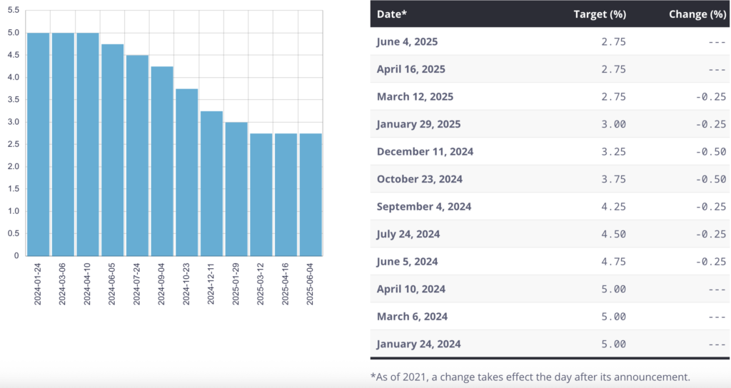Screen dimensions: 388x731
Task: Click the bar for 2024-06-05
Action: [113, 150]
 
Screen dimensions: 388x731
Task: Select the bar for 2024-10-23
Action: [187, 172]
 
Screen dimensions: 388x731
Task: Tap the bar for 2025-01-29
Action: [236, 189]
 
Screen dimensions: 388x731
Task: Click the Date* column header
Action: [392, 14]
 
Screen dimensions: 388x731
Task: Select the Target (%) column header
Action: [600, 14]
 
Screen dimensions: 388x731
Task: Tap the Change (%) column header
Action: [697, 14]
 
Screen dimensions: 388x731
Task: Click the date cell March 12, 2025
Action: [415, 96]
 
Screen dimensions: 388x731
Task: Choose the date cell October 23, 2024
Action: [420, 179]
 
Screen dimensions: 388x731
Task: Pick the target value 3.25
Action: [614, 151]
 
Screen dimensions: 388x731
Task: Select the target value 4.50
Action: [614, 234]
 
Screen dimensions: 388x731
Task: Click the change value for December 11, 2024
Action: [712, 151]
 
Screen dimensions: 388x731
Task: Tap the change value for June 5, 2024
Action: [712, 262]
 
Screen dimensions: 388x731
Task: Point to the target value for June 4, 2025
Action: [614, 41]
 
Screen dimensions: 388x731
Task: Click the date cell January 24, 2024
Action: [418, 344]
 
